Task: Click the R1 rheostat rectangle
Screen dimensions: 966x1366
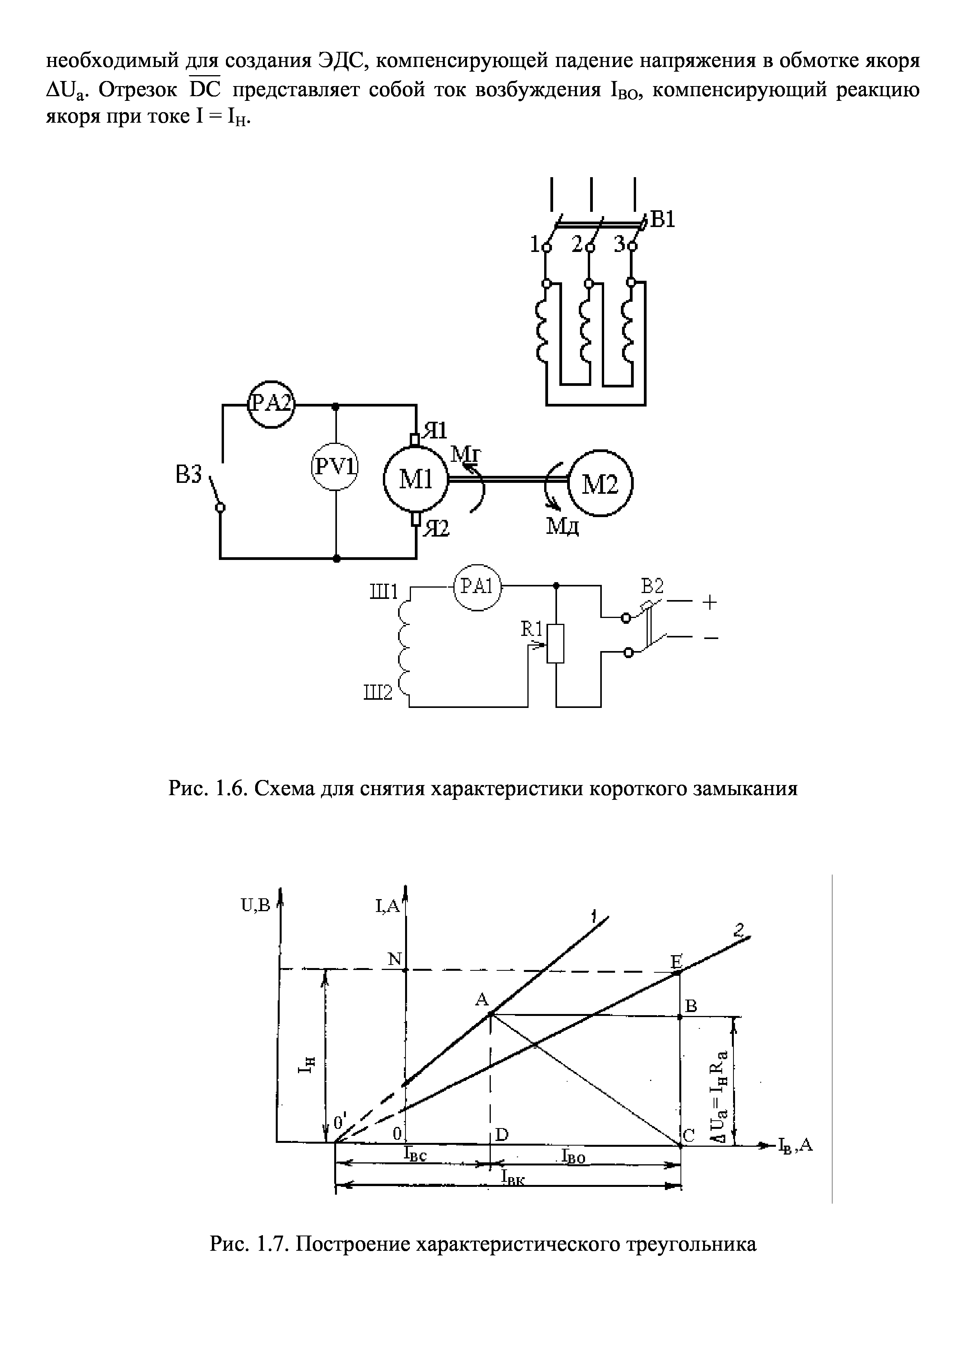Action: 555,644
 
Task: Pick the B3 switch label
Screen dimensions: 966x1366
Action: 190,476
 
